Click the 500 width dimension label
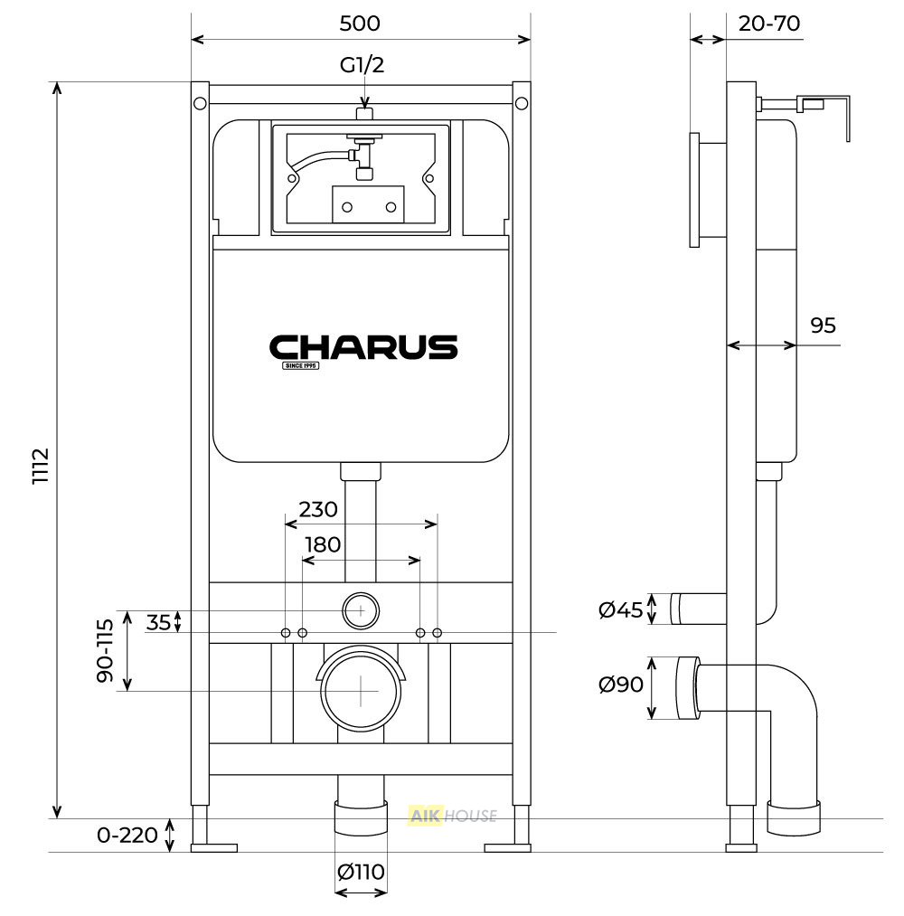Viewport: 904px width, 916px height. coord(360,24)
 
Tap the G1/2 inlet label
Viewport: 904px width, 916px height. coord(363,64)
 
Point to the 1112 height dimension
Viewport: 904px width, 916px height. coord(41,466)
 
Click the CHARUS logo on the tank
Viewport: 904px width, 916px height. coord(363,347)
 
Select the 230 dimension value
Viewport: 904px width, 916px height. coord(318,509)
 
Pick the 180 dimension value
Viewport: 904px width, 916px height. coord(323,545)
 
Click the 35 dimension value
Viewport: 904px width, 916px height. coord(158,623)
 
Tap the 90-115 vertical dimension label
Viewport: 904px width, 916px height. coord(105,651)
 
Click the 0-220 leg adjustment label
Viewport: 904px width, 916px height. coord(127,836)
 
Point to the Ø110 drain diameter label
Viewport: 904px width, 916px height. coord(361,873)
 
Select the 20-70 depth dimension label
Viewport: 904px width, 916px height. coord(769,24)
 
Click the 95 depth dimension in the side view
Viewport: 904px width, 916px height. coord(823,326)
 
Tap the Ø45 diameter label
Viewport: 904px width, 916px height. coord(620,609)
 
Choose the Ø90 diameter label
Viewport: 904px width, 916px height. coord(621,685)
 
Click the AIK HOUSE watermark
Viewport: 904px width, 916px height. coord(453,816)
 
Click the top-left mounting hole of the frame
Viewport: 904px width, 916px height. coord(200,103)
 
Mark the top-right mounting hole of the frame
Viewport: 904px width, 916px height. coord(522,103)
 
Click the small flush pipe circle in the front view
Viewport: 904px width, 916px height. coord(361,610)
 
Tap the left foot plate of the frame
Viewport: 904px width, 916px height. coord(214,847)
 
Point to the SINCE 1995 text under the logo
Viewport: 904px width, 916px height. coord(301,365)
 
